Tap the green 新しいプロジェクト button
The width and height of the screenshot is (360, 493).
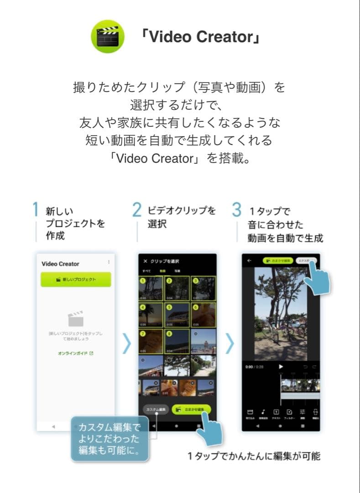(x=76, y=279)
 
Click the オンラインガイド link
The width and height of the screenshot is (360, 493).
(x=76, y=353)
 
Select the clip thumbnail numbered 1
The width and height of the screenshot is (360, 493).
(x=151, y=288)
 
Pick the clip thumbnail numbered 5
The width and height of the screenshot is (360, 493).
(x=177, y=315)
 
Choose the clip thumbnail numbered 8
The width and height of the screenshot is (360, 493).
(x=177, y=341)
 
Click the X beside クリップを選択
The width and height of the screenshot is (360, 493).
(x=145, y=261)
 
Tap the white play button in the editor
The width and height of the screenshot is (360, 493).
(x=281, y=366)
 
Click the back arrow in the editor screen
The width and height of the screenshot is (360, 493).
(x=250, y=261)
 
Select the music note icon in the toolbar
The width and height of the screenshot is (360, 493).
(x=263, y=412)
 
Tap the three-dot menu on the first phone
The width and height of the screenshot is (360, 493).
(x=109, y=262)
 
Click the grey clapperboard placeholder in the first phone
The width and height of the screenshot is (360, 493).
(x=76, y=319)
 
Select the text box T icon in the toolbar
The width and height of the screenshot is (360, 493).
(x=276, y=412)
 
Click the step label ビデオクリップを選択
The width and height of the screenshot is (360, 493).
(x=182, y=217)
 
